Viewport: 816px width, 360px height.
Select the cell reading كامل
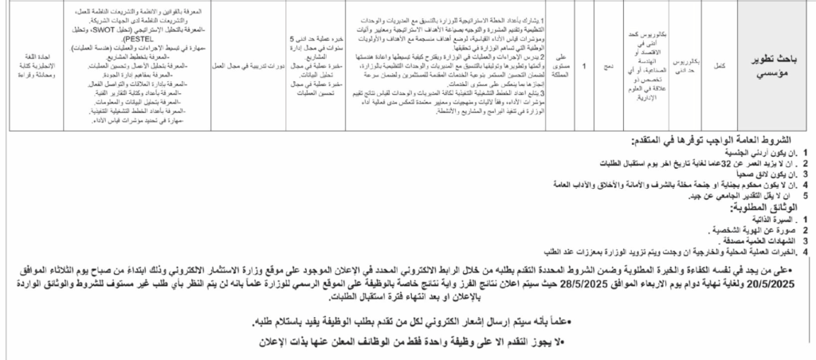(718, 68)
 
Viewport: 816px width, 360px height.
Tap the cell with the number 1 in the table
(585, 68)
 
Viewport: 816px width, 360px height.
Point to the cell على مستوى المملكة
(561, 68)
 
